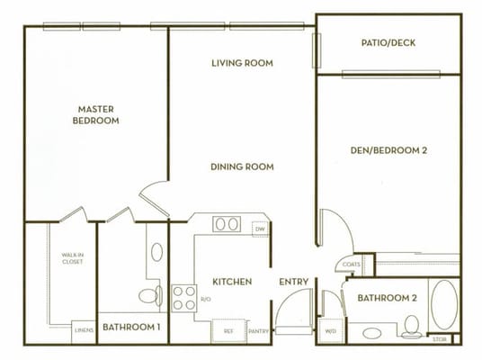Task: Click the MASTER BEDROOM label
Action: point(97,114)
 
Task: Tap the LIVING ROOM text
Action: point(242,63)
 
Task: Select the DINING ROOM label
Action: point(242,166)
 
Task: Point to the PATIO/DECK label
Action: point(388,42)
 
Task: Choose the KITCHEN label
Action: point(232,282)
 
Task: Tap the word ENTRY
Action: point(293,282)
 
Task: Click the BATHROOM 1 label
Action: point(130,328)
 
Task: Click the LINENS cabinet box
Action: point(83,328)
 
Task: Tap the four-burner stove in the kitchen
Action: point(183,298)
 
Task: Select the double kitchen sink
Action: point(227,225)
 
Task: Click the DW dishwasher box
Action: point(261,229)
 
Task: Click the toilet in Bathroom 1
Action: point(149,295)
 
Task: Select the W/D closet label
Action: point(329,331)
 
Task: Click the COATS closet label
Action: point(351,265)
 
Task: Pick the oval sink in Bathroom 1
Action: point(157,252)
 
